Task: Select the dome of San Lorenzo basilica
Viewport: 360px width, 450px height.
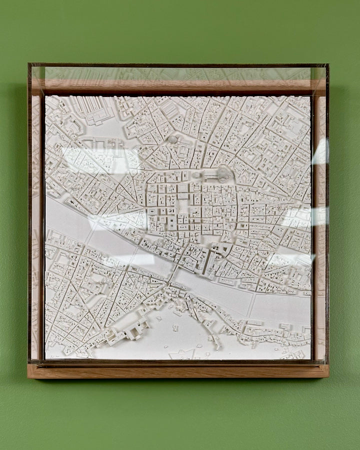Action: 173,139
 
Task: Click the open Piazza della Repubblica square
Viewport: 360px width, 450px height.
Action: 183,205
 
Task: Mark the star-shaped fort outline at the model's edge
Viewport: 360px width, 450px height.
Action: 182,354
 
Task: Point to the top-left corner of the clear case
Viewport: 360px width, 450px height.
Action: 29,64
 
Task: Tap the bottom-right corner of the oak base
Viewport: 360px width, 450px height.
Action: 328,376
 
